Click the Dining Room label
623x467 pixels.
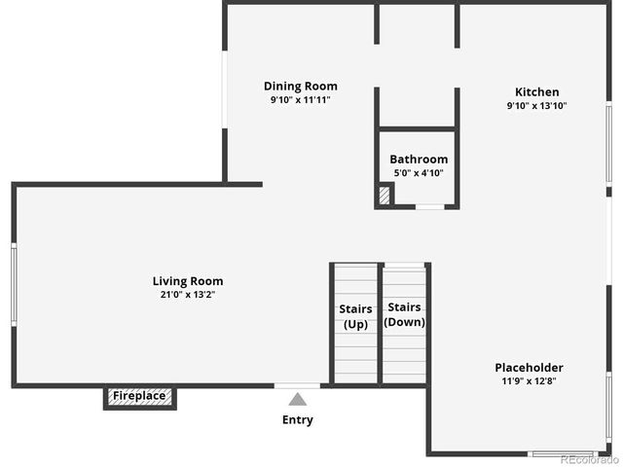pos(301,86)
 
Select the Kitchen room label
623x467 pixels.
pos(536,91)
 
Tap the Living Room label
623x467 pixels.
pos(187,281)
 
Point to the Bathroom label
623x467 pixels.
pos(419,160)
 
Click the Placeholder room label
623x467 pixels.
pos(529,367)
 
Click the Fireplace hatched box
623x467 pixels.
pos(140,396)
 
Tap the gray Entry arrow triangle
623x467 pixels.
pos(298,399)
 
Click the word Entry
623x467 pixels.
pos(298,420)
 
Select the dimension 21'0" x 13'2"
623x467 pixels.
pos(187,294)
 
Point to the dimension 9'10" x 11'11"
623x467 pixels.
pos(301,99)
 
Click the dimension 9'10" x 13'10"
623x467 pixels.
pos(536,105)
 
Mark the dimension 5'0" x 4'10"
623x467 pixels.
pos(419,173)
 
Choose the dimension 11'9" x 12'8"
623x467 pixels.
pos(529,380)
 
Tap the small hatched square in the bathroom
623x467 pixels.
pos(385,196)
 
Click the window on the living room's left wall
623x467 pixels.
pos(14,284)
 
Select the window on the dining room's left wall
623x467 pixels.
pos(224,90)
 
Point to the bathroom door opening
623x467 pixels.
pos(429,206)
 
